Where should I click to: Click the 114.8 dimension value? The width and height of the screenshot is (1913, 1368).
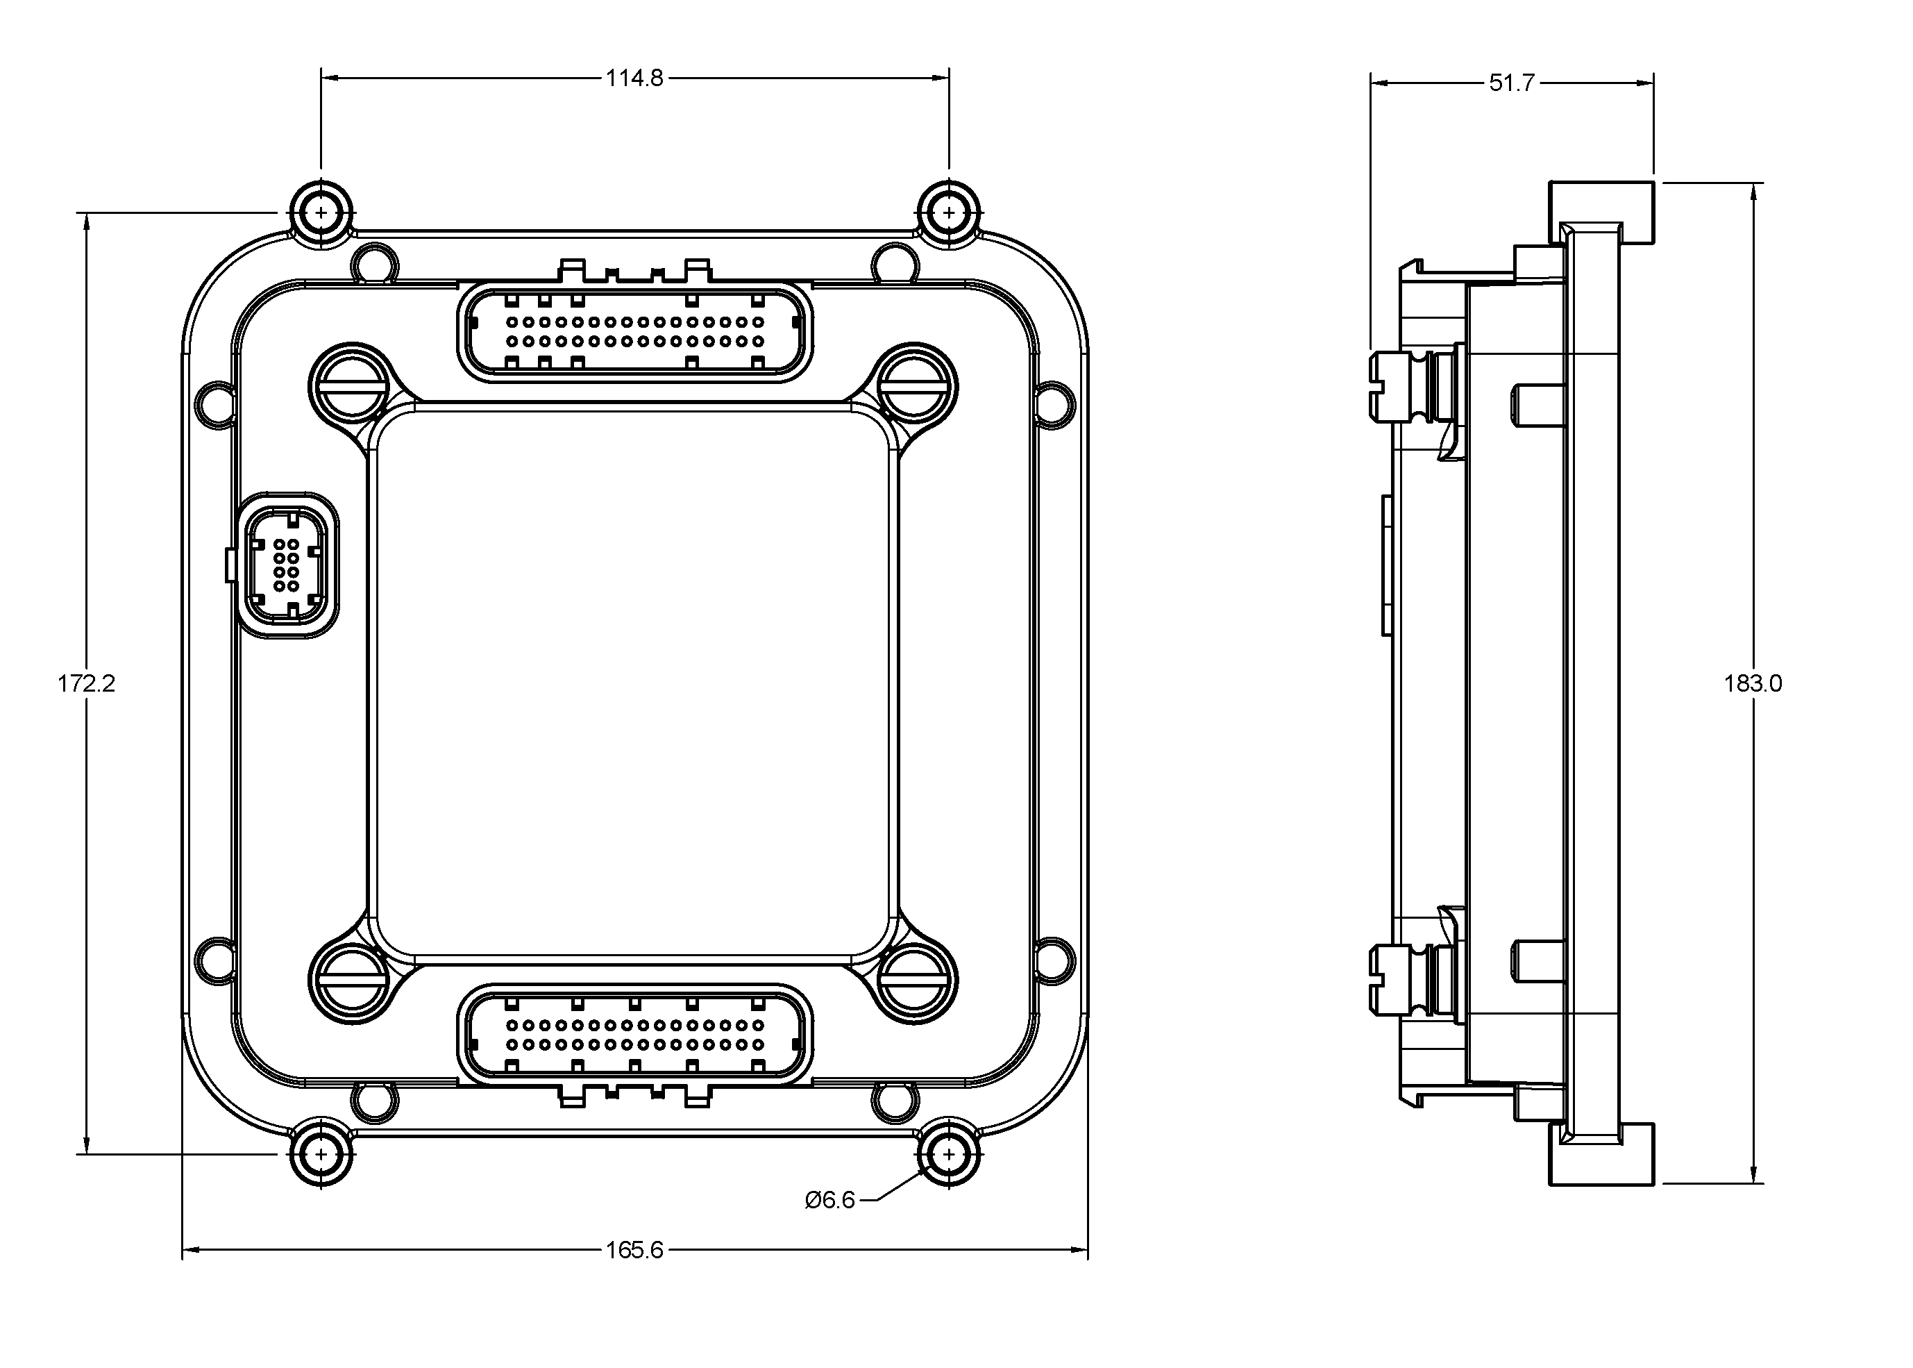pos(634,78)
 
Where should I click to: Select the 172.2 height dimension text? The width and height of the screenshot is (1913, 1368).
pos(86,683)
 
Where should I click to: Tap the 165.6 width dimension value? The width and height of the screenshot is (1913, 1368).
pos(634,1250)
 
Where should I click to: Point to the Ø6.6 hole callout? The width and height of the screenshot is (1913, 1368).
pos(830,1199)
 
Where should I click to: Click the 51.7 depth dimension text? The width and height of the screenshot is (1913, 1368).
pos(1511,83)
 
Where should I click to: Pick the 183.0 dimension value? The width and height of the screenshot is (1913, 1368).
pos(1752,683)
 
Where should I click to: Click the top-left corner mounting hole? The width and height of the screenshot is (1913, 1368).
pos(321,212)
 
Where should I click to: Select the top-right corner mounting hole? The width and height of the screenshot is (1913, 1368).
pos(949,212)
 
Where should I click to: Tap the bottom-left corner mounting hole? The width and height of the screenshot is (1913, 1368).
pos(321,1154)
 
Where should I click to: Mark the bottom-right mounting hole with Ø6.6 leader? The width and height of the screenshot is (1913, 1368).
pos(949,1154)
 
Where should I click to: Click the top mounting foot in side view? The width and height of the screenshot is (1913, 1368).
pos(1601,212)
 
